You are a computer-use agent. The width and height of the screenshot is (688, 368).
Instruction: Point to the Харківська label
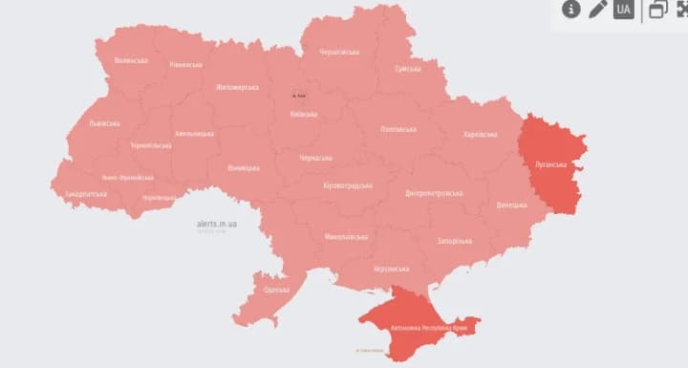pyautogui.click(x=481, y=135)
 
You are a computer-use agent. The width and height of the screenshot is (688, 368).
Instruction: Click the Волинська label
pyautogui.click(x=131, y=60)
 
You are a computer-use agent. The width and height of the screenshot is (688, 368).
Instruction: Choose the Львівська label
pyautogui.click(x=103, y=123)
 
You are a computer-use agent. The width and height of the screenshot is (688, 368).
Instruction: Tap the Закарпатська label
pyautogui.click(x=85, y=192)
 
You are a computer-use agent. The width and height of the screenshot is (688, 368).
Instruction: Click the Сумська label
pyautogui.click(x=408, y=70)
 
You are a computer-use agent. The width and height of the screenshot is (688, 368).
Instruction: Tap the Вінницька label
pyautogui.click(x=244, y=168)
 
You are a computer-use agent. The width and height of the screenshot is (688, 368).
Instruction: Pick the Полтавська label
pyautogui.click(x=398, y=128)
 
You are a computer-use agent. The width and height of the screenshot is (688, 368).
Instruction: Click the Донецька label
pyautogui.click(x=511, y=205)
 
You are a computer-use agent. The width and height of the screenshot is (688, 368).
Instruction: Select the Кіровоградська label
pyautogui.click(x=348, y=185)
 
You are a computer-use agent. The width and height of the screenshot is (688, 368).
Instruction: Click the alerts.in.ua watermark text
pyautogui.click(x=217, y=224)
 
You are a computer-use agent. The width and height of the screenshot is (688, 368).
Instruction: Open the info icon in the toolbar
pyautogui.click(x=571, y=10)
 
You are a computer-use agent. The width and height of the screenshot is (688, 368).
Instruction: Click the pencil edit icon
pyautogui.click(x=598, y=10)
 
